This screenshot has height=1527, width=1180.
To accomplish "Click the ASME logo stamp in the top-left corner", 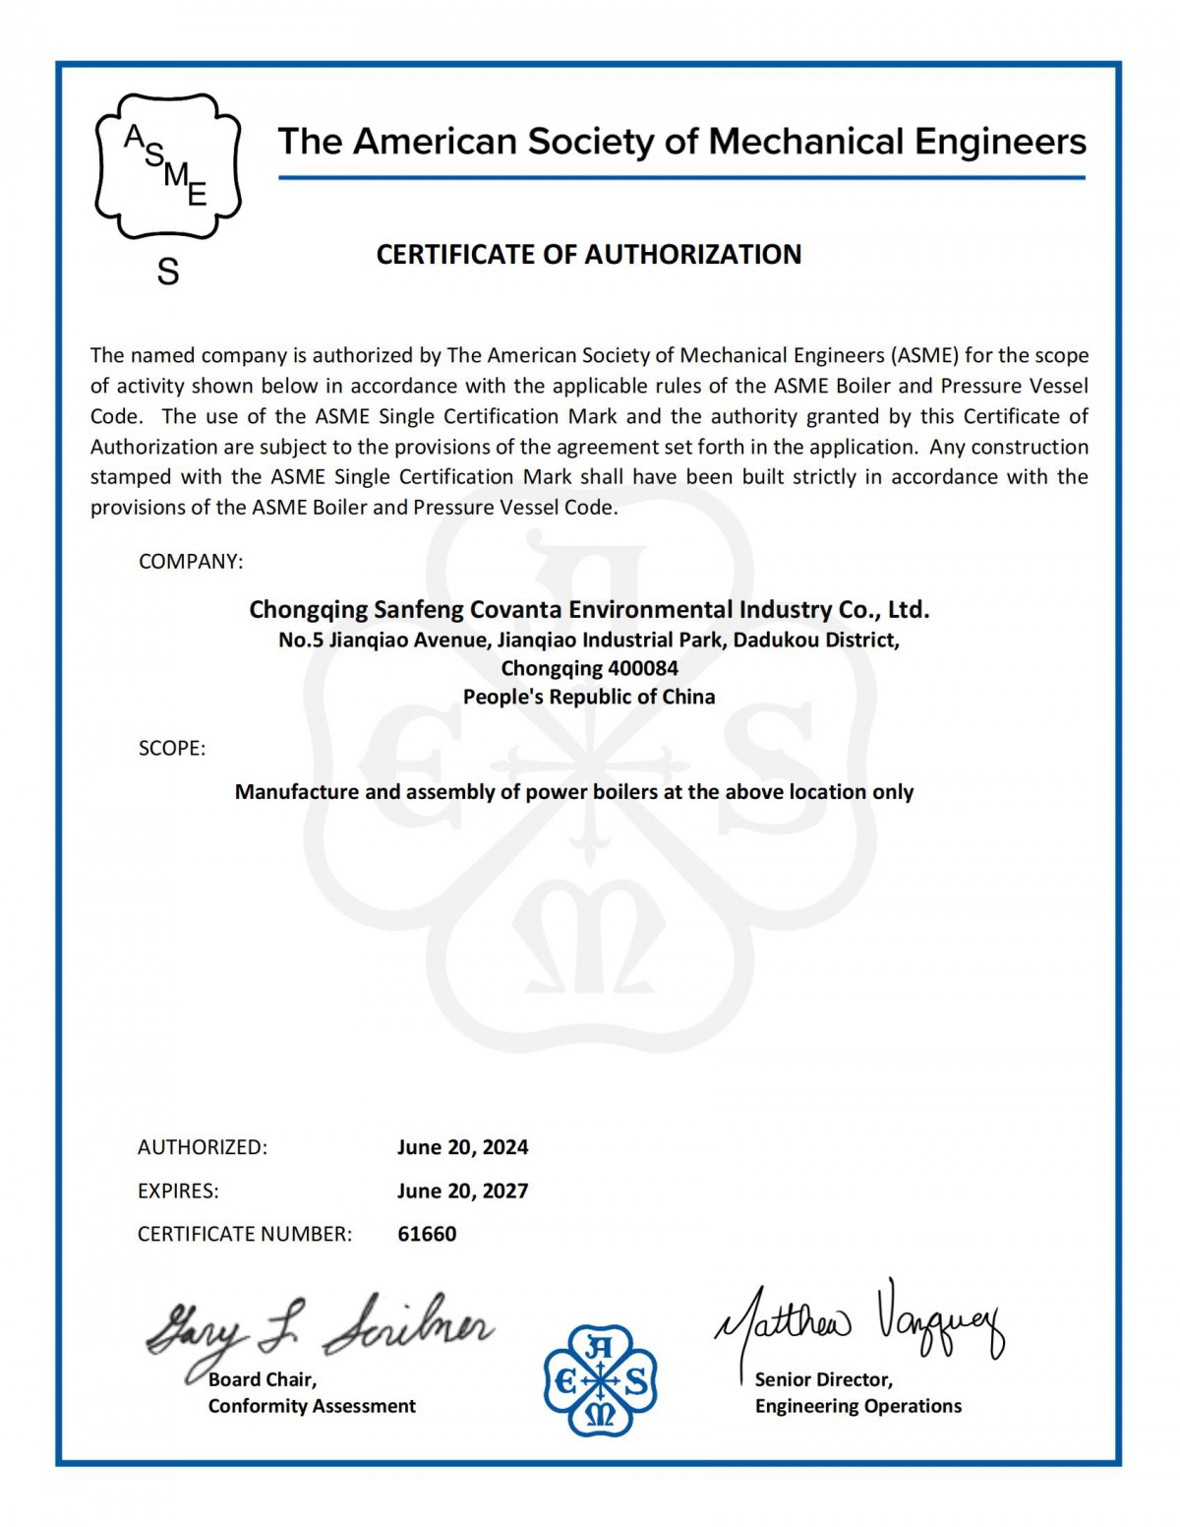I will pos(167,166).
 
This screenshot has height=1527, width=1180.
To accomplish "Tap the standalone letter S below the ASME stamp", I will pos(168,272).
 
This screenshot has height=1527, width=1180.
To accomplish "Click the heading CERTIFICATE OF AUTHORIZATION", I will pos(589,255).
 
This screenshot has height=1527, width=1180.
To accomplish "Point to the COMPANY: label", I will pos(191,562).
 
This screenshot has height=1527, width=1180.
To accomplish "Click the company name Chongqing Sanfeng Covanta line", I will pos(589,610).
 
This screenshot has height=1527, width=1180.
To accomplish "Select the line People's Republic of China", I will pos(589,698).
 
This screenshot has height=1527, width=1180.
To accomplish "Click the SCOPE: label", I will pos(172,749).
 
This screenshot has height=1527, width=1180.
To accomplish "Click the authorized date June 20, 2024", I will pos(462,1147).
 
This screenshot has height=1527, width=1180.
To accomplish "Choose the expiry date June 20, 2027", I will pos(462,1191).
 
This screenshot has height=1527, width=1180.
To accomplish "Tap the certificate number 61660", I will pos(427,1234).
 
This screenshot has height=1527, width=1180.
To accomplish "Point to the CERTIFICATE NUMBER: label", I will pos(245,1234).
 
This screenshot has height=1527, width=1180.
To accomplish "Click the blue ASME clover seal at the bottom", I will pos(600,1379).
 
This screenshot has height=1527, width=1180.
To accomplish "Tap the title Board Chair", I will pos(263,1379).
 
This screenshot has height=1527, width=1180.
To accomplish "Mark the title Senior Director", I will pos(823,1379).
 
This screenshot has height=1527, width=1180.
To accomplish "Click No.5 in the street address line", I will pos(300,641).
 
